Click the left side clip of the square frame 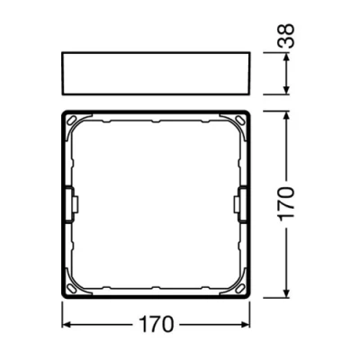click(x=69, y=205)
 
